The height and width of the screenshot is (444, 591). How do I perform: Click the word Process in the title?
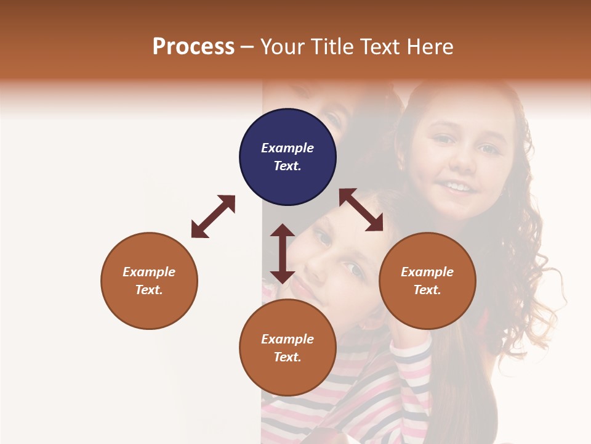tap(193, 47)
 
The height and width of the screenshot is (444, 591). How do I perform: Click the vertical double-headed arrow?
tap(283, 253)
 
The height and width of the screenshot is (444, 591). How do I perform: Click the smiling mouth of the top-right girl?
tap(459, 186)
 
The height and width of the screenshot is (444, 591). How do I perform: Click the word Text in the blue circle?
tap(287, 166)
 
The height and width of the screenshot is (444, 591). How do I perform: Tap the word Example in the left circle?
tap(149, 272)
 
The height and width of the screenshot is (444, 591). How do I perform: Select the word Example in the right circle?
tap(427, 272)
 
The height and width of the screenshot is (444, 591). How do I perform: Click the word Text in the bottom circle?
tap(287, 357)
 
